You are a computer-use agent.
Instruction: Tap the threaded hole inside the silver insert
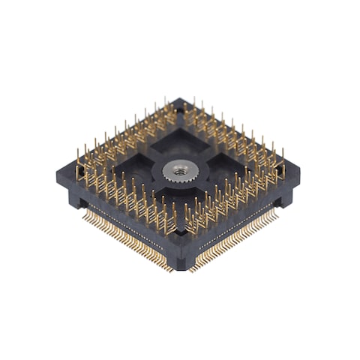click(x=178, y=170)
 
